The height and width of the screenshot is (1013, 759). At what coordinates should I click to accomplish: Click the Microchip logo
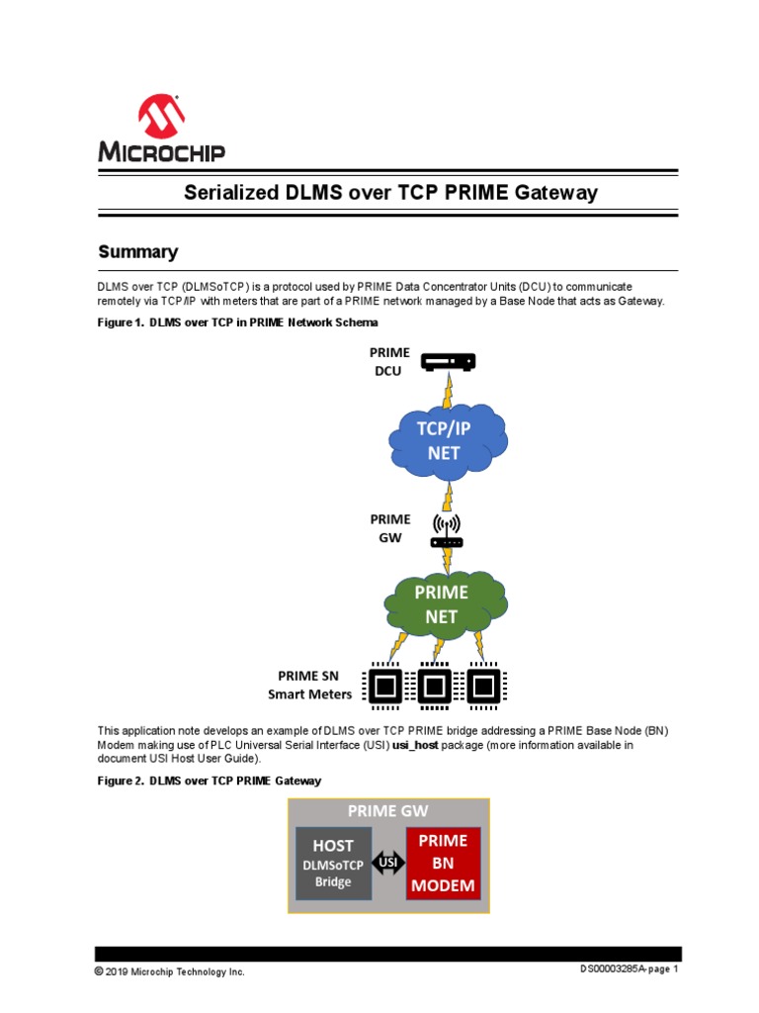click(x=161, y=130)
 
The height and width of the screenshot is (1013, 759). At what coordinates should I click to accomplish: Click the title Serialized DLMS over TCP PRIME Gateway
click(x=390, y=193)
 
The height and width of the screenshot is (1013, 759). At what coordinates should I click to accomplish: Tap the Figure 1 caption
click(x=236, y=322)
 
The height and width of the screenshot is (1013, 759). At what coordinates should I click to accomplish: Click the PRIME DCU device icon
click(x=448, y=362)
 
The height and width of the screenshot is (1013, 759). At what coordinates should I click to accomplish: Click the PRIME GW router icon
click(x=447, y=532)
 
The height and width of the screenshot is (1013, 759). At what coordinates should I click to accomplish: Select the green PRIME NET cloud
click(x=441, y=604)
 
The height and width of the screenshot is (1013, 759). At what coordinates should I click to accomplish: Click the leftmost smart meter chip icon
click(x=385, y=684)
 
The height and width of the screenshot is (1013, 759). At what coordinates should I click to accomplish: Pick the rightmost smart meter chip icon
click(x=481, y=684)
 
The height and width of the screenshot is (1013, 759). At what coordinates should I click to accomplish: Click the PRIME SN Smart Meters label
click(x=309, y=685)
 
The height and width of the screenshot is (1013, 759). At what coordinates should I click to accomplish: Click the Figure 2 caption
click(x=209, y=781)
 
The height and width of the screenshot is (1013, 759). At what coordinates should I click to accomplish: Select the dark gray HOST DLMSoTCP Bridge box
click(x=333, y=864)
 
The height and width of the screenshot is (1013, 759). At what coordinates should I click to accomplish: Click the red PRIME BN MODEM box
click(x=443, y=863)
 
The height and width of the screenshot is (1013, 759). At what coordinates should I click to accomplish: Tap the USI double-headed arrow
click(x=388, y=864)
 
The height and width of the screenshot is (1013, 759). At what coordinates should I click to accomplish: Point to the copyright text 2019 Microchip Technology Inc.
click(x=169, y=971)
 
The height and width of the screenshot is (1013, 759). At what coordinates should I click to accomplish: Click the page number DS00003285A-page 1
click(x=629, y=969)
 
